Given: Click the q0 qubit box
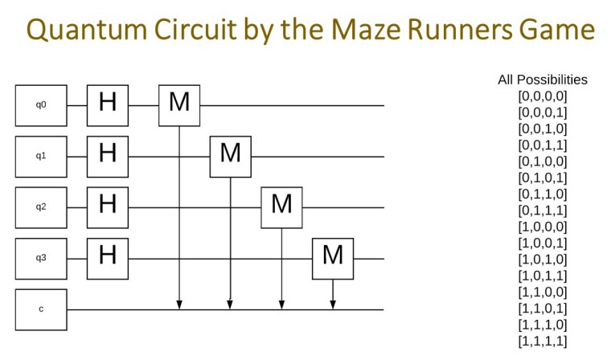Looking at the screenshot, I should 41,104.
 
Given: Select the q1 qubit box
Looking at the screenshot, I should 41,156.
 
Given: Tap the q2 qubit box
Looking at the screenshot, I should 41,207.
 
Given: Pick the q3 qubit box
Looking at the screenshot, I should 41,259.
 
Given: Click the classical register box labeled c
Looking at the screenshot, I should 41,309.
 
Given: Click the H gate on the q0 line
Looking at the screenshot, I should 108,104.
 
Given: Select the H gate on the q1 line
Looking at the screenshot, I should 108,156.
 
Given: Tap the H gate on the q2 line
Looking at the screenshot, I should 108,207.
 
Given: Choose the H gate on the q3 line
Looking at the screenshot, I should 108,259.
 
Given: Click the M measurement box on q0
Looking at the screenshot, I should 179,104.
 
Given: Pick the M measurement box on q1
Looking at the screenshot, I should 231,156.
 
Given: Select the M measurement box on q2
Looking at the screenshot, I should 281,207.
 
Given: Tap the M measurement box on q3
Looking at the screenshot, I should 333,259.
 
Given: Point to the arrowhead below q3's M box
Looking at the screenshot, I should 333,305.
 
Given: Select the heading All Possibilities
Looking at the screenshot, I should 543,80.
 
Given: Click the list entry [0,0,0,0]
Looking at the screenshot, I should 543,96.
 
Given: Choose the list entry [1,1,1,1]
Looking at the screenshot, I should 543,342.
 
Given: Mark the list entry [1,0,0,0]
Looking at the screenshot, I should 543,227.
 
